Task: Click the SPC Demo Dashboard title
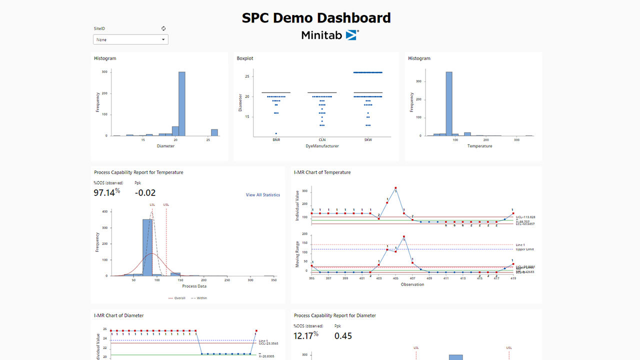click(316, 18)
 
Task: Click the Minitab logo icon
click(352, 35)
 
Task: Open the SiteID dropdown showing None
click(130, 39)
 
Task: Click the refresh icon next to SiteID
click(163, 29)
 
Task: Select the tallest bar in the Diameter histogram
click(182, 104)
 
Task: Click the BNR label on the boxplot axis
click(275, 140)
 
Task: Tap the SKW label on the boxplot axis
click(368, 140)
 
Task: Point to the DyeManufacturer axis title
click(322, 146)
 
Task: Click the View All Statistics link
click(262, 195)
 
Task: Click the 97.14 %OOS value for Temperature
click(106, 192)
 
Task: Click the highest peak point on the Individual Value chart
click(395, 188)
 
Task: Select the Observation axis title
click(412, 284)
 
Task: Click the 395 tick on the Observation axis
click(311, 278)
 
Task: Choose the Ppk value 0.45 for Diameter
click(343, 336)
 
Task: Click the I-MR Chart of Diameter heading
click(118, 315)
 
